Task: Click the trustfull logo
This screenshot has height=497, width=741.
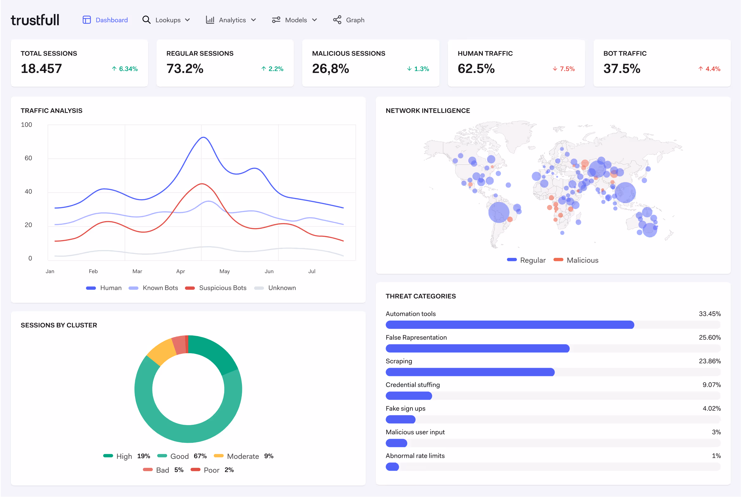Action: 35,20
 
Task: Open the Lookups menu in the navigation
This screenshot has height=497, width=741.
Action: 166,20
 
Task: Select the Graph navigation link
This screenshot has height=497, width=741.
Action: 349,20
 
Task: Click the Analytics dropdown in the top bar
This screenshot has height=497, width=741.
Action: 231,20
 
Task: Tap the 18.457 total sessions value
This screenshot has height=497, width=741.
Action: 41,68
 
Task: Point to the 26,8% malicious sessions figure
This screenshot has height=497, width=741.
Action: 330,68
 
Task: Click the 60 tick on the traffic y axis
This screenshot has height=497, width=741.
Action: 28,158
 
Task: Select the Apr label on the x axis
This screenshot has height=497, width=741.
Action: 180,271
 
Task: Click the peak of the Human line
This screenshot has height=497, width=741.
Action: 203,137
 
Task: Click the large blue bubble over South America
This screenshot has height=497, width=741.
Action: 498,212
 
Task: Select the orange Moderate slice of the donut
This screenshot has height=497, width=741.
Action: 161,351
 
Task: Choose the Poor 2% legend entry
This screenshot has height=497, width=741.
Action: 212,470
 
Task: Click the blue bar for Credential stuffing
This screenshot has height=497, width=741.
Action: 409,396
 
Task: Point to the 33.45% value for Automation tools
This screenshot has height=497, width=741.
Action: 710,314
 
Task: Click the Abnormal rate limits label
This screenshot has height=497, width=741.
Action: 415,456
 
